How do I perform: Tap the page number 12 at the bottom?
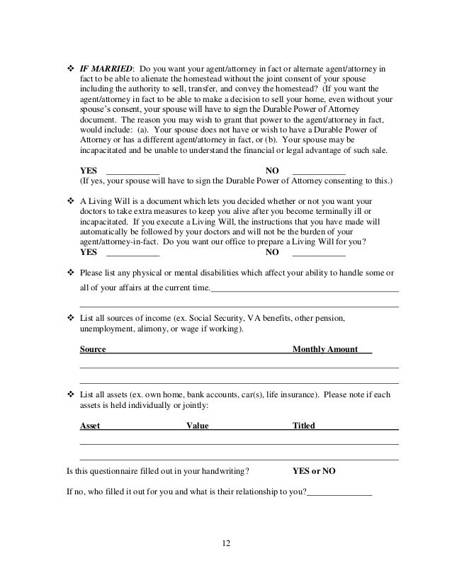(225, 544)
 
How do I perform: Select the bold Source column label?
(94, 349)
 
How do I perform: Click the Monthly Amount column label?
(325, 349)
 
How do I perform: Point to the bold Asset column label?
(90, 426)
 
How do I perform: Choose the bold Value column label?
(197, 426)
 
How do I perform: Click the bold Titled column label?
(304, 426)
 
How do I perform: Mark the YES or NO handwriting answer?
(314, 470)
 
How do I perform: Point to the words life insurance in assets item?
(287, 394)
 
